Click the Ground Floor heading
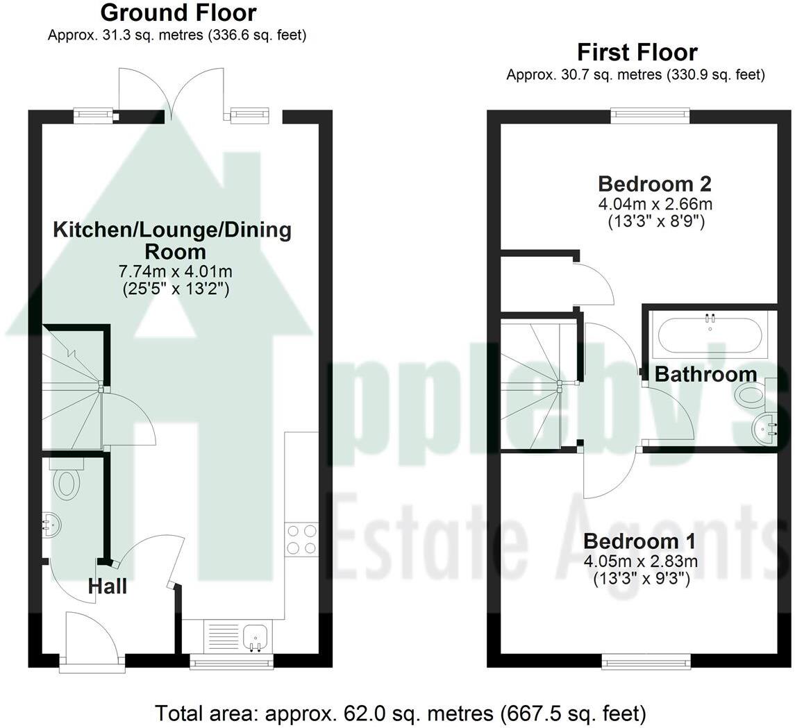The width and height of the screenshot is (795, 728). [x=178, y=12]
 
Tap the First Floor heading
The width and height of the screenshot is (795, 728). [x=637, y=53]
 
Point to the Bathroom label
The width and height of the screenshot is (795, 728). [x=705, y=375]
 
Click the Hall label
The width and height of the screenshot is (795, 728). [x=108, y=587]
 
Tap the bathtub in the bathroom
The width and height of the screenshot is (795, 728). [x=709, y=335]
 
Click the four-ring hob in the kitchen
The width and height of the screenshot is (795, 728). [x=301, y=539]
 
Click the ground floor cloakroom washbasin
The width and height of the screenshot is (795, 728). [x=50, y=525]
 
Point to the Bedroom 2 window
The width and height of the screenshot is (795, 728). [x=650, y=116]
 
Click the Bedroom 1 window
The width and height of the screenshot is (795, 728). [x=646, y=662]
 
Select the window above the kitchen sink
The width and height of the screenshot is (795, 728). [x=231, y=663]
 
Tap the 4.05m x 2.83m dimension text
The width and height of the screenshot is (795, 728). [x=640, y=561]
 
